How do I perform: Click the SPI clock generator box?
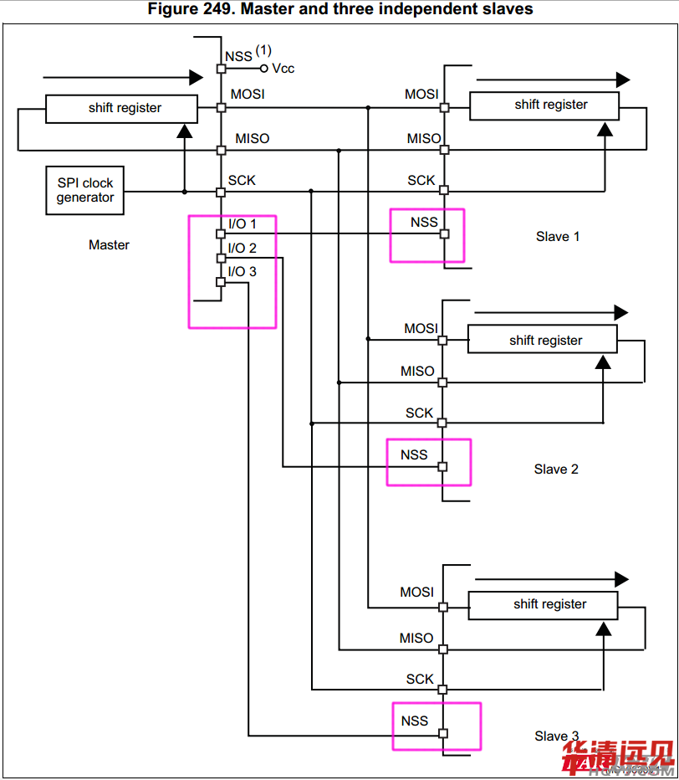(x=85, y=190)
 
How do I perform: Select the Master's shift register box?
(x=122, y=108)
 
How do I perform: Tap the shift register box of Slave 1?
(x=544, y=105)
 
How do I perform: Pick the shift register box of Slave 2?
(x=542, y=341)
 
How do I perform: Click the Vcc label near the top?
(x=283, y=69)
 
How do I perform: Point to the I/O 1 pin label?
(x=242, y=224)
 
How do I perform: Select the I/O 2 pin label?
(x=242, y=249)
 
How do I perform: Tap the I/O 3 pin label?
(x=242, y=271)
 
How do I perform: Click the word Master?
(x=109, y=245)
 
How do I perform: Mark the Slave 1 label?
(x=558, y=237)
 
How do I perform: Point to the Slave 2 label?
(x=556, y=470)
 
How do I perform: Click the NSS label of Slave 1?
(x=424, y=223)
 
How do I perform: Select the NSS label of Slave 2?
(x=414, y=455)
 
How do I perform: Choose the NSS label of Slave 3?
(x=415, y=721)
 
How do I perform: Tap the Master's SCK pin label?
(x=242, y=181)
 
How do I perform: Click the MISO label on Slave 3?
(x=416, y=639)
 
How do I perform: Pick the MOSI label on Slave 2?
(x=421, y=329)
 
